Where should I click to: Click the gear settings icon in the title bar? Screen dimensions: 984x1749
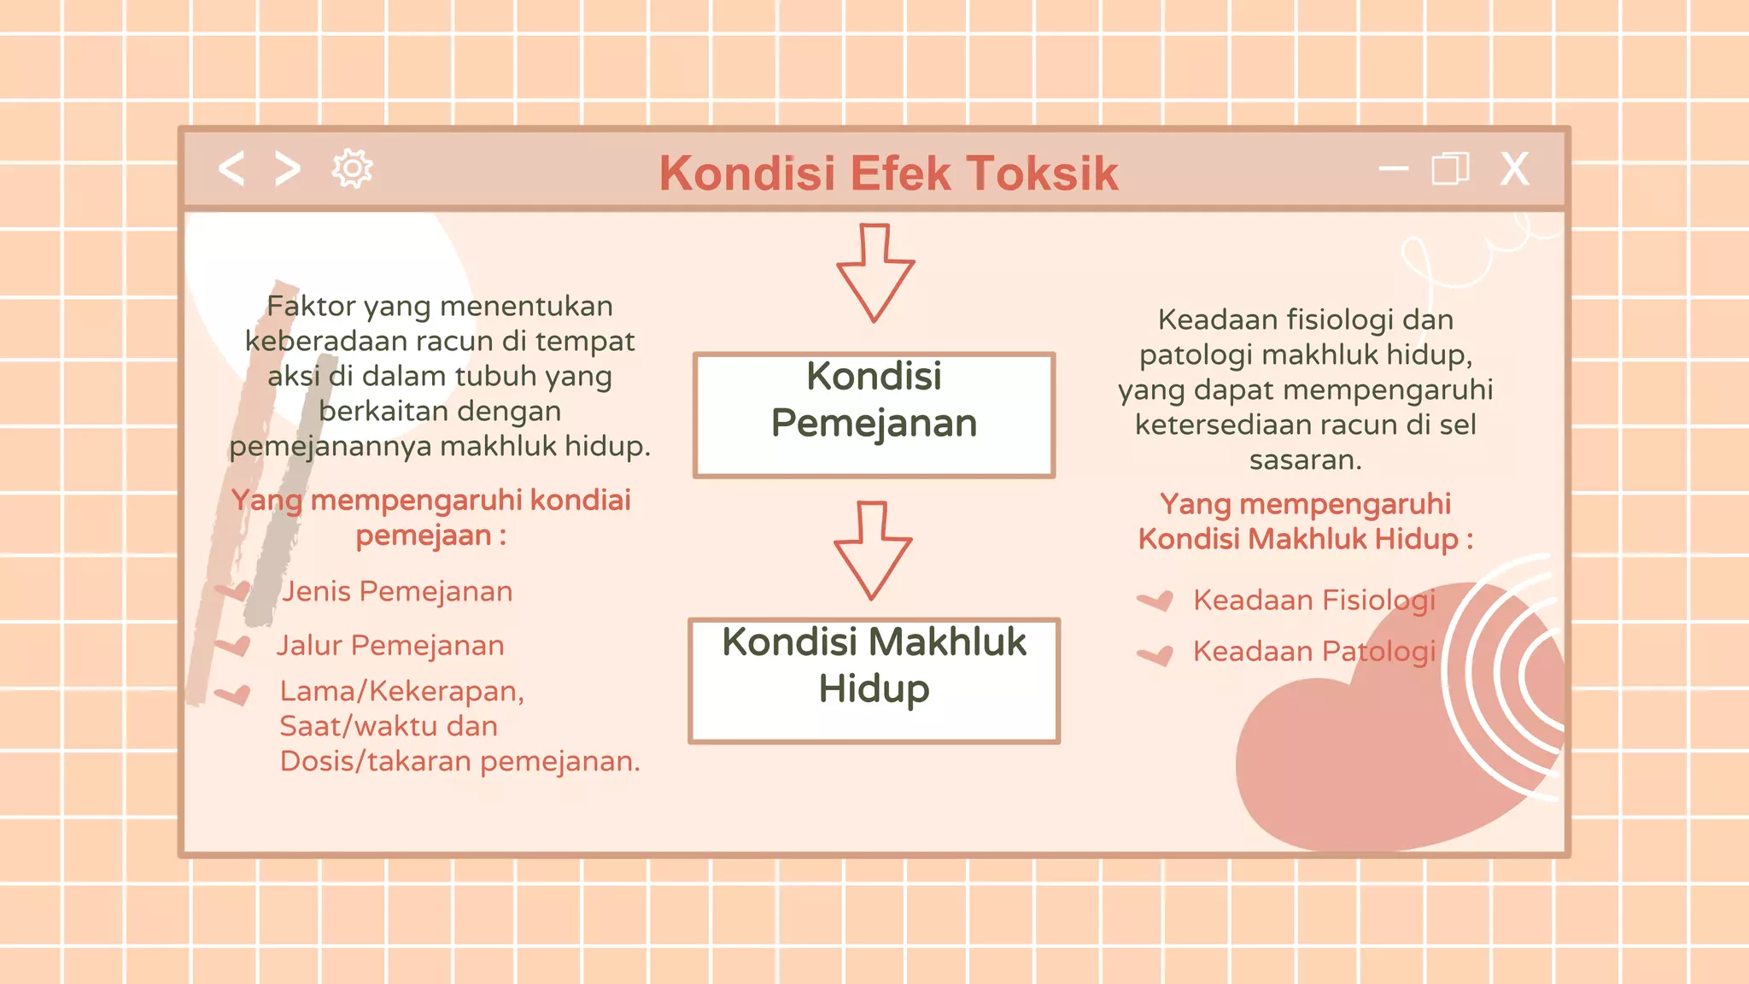[352, 168]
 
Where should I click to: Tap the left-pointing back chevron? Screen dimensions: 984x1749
[231, 168]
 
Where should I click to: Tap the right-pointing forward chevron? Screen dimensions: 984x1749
[288, 168]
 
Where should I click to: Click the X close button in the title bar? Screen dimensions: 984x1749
[1514, 169]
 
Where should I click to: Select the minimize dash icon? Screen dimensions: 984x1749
[1393, 168]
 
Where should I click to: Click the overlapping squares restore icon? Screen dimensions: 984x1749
[1450, 168]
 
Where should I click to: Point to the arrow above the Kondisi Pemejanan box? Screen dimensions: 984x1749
[875, 273]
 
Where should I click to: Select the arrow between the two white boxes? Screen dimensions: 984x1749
[873, 550]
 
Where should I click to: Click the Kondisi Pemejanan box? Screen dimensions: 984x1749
[874, 414]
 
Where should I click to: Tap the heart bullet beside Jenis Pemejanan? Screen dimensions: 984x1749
[233, 590]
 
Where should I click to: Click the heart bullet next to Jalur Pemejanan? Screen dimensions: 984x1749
[233, 645]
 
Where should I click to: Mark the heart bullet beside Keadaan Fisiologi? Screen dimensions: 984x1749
[1155, 600]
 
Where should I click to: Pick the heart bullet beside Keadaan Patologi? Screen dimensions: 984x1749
[1155, 654]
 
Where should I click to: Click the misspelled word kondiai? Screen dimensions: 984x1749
[580, 500]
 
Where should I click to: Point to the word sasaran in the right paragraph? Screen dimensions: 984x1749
[1304, 460]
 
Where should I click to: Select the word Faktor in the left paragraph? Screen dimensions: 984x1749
[311, 306]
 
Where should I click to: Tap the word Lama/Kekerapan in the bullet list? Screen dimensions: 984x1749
[401, 690]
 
